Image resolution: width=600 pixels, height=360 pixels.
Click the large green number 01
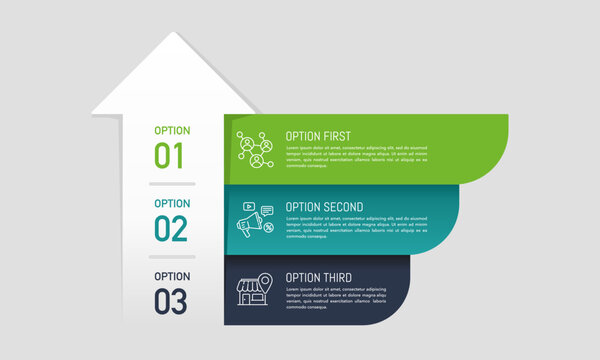[170, 156]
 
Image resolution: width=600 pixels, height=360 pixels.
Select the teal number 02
[170, 228]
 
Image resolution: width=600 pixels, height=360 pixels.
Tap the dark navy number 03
[170, 300]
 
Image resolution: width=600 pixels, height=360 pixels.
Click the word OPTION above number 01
[172, 130]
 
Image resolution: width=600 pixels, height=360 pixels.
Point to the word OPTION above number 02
[172, 203]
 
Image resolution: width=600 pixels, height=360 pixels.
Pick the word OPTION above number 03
[172, 276]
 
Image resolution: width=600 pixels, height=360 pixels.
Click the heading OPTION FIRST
[317, 136]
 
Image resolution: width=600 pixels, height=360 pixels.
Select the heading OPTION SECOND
[324, 207]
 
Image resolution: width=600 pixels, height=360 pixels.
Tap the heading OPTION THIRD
[318, 277]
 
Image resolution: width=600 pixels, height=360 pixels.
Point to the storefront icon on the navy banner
[252, 292]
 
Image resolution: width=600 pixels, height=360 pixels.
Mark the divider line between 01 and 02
[172, 185]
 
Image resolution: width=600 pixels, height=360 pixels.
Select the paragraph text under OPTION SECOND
[356, 227]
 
